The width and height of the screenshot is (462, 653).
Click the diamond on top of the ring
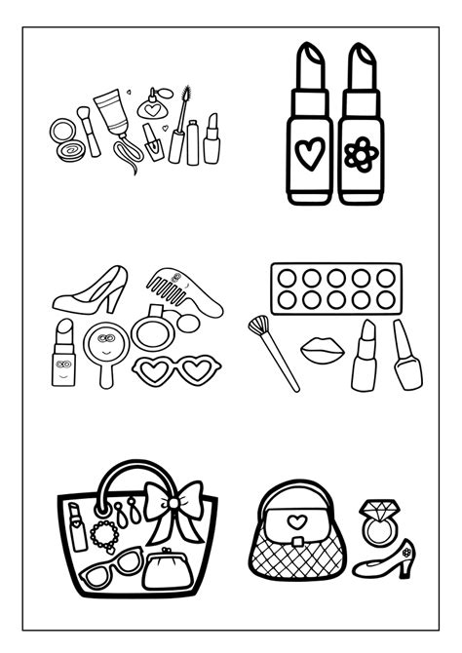pos(376,510)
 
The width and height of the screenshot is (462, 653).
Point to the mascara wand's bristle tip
pos(185,95)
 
